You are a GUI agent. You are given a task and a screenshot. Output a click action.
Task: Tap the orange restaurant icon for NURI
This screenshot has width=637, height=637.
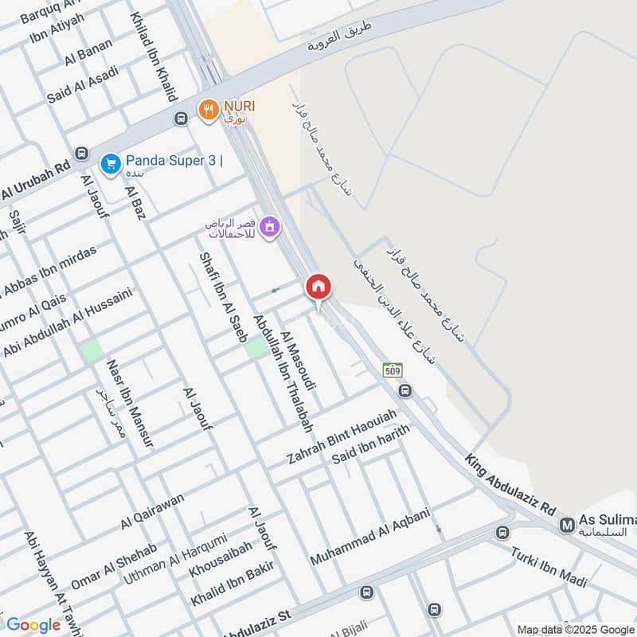click(208, 110)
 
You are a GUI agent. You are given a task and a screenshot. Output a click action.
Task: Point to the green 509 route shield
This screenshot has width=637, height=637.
click(392, 370)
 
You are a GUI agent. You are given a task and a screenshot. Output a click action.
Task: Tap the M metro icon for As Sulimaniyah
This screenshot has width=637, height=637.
click(567, 525)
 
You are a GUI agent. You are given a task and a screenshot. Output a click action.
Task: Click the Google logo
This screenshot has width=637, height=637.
click(33, 625)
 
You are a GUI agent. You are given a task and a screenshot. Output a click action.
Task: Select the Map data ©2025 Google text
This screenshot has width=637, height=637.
click(574, 629)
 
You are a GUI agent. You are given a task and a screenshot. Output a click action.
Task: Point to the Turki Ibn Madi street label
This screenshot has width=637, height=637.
click(549, 568)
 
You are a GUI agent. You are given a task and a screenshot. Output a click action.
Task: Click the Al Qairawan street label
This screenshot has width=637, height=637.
click(152, 511)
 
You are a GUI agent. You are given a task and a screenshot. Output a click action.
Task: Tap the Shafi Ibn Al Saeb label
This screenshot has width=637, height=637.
click(223, 297)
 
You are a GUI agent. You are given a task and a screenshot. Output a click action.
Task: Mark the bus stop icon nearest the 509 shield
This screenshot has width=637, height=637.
click(405, 391)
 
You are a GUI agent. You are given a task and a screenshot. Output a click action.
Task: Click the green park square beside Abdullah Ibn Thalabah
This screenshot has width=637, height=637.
click(256, 347)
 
